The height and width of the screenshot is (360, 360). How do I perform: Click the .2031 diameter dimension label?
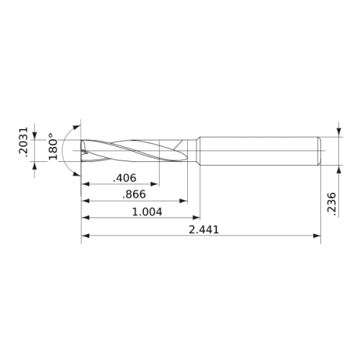click(24, 142)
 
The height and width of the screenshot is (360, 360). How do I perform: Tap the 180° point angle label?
click(53, 146)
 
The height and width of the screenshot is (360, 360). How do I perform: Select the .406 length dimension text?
click(125, 178)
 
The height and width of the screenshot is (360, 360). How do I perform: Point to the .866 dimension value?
click(134, 194)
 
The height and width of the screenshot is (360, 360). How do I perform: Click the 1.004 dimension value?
click(147, 212)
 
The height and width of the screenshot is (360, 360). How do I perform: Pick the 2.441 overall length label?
click(204, 230)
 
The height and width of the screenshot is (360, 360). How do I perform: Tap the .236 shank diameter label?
click(332, 204)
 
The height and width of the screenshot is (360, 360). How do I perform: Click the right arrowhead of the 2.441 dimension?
click(317, 235)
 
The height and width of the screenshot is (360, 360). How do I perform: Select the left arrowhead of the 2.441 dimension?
click(86, 235)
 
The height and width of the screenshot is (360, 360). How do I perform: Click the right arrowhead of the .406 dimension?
click(154, 184)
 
